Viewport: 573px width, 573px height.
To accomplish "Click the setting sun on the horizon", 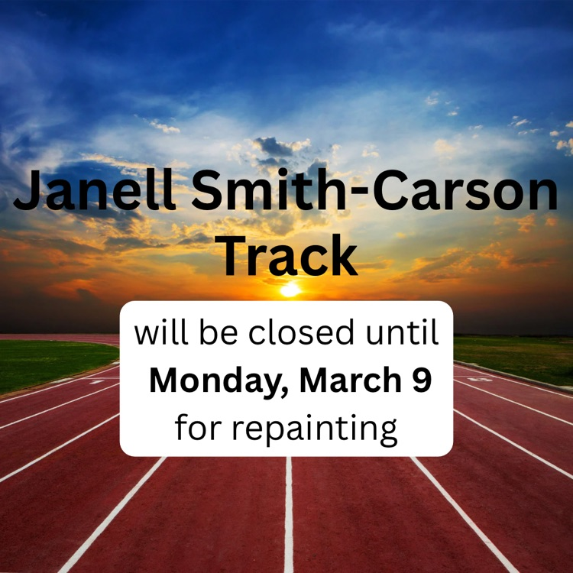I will (290, 290).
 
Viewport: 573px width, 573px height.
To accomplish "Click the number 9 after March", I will (421, 381).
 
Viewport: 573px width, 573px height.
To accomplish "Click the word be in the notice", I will (215, 334).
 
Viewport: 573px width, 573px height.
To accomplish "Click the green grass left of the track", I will (46, 363).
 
